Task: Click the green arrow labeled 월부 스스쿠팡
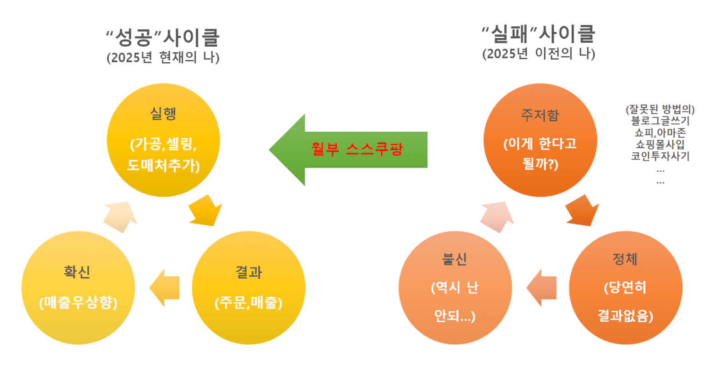tap(350, 149)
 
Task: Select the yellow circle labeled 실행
tap(163, 140)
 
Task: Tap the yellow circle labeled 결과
tap(248, 288)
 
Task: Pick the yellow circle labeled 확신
tap(78, 288)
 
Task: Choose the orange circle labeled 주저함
tap(540, 140)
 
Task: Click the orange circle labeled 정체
tap(625, 288)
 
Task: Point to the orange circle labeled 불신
tap(455, 288)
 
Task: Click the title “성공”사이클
tap(163, 37)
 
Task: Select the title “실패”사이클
tap(539, 34)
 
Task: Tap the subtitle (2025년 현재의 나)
tap(163, 58)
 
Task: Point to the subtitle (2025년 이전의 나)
tap(539, 54)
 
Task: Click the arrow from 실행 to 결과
tap(206, 211)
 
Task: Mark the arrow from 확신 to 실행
tap(120, 217)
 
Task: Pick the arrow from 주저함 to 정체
tap(583, 211)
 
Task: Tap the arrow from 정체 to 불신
tap(541, 288)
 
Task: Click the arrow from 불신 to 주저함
tap(497, 217)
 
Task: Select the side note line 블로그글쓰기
tap(660, 121)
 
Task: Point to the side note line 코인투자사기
tap(660, 156)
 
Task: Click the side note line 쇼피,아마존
tap(660, 133)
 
